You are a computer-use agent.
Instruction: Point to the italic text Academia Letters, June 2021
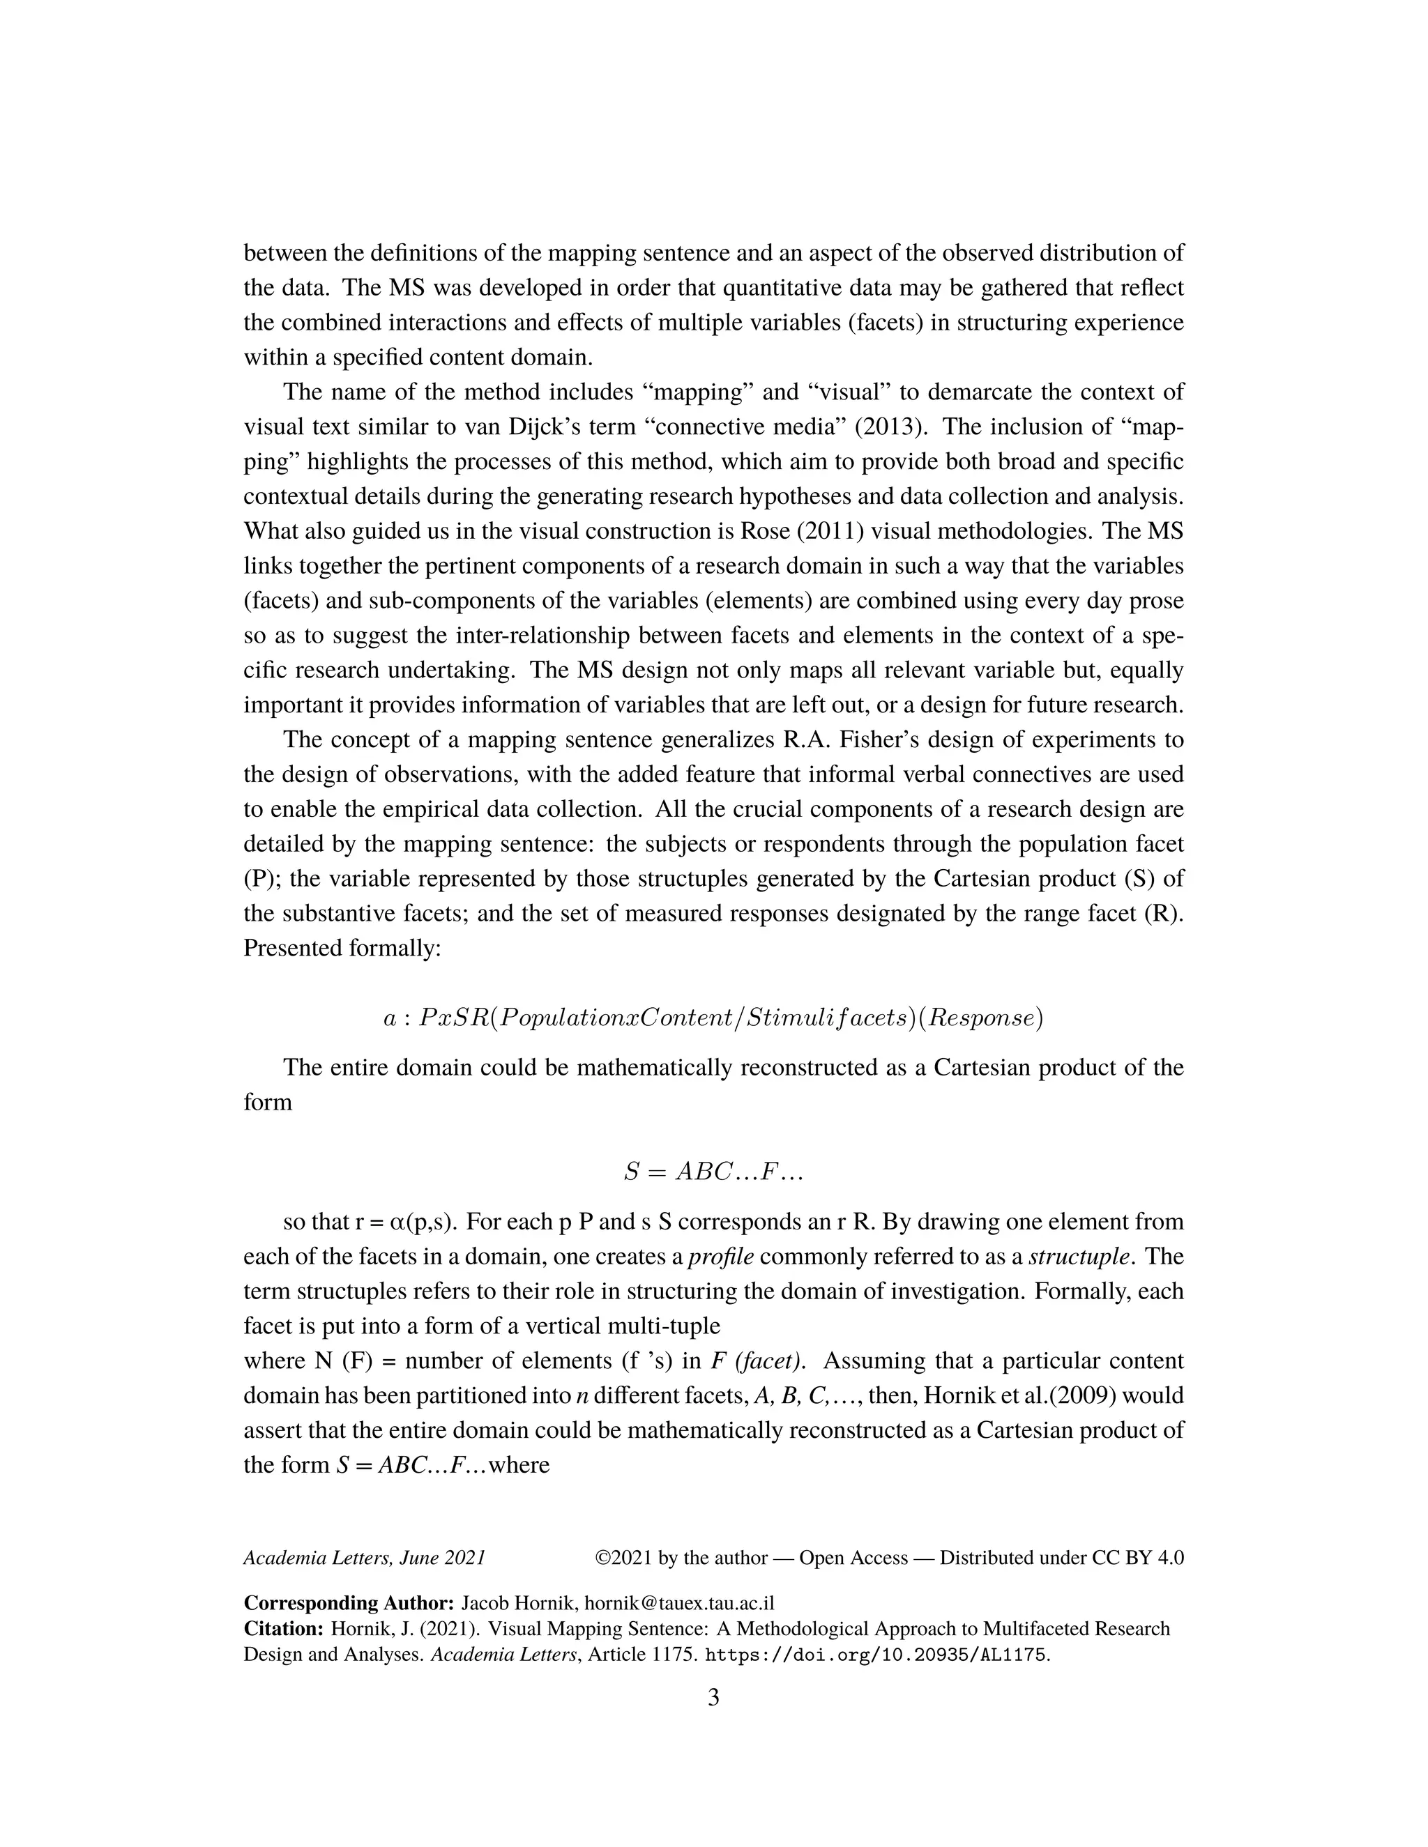click(x=364, y=1558)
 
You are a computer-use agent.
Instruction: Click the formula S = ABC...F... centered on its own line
click(x=713, y=1172)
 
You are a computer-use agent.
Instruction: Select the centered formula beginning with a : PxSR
click(x=713, y=1018)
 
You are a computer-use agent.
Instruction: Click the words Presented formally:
click(x=342, y=948)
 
